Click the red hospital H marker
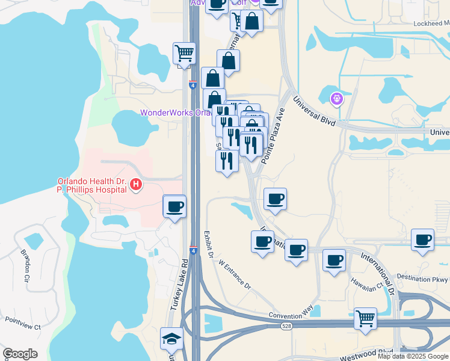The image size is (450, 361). [x=137, y=185]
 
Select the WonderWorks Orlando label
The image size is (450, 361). [x=174, y=113]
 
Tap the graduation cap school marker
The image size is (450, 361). [x=171, y=340]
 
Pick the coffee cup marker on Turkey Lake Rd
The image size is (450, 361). [x=174, y=206]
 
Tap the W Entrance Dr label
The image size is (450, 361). [x=234, y=274]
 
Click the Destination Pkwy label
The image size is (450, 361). [x=422, y=279]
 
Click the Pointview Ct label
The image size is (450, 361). [x=20, y=327]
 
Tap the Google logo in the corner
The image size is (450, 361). [x=20, y=354]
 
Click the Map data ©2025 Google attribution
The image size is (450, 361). [x=413, y=356]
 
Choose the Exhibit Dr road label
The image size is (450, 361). [x=208, y=245]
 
